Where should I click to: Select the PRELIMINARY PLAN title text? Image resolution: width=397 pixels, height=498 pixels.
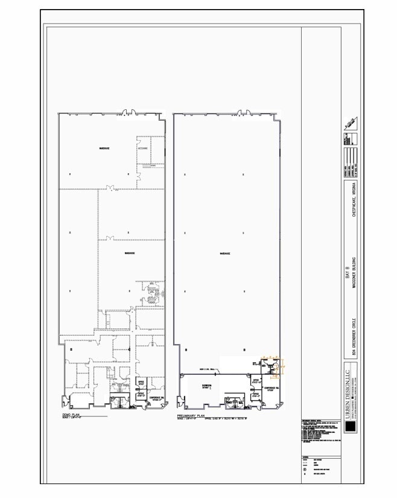pyautogui.click(x=192, y=416)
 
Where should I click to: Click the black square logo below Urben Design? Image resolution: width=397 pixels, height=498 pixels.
pyautogui.click(x=350, y=427)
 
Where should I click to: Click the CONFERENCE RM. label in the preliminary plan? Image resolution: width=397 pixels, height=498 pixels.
pyautogui.click(x=271, y=388)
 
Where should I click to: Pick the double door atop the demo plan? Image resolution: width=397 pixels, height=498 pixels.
pyautogui.click(x=128, y=112)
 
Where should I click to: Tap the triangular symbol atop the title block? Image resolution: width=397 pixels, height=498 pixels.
pyautogui.click(x=349, y=125)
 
